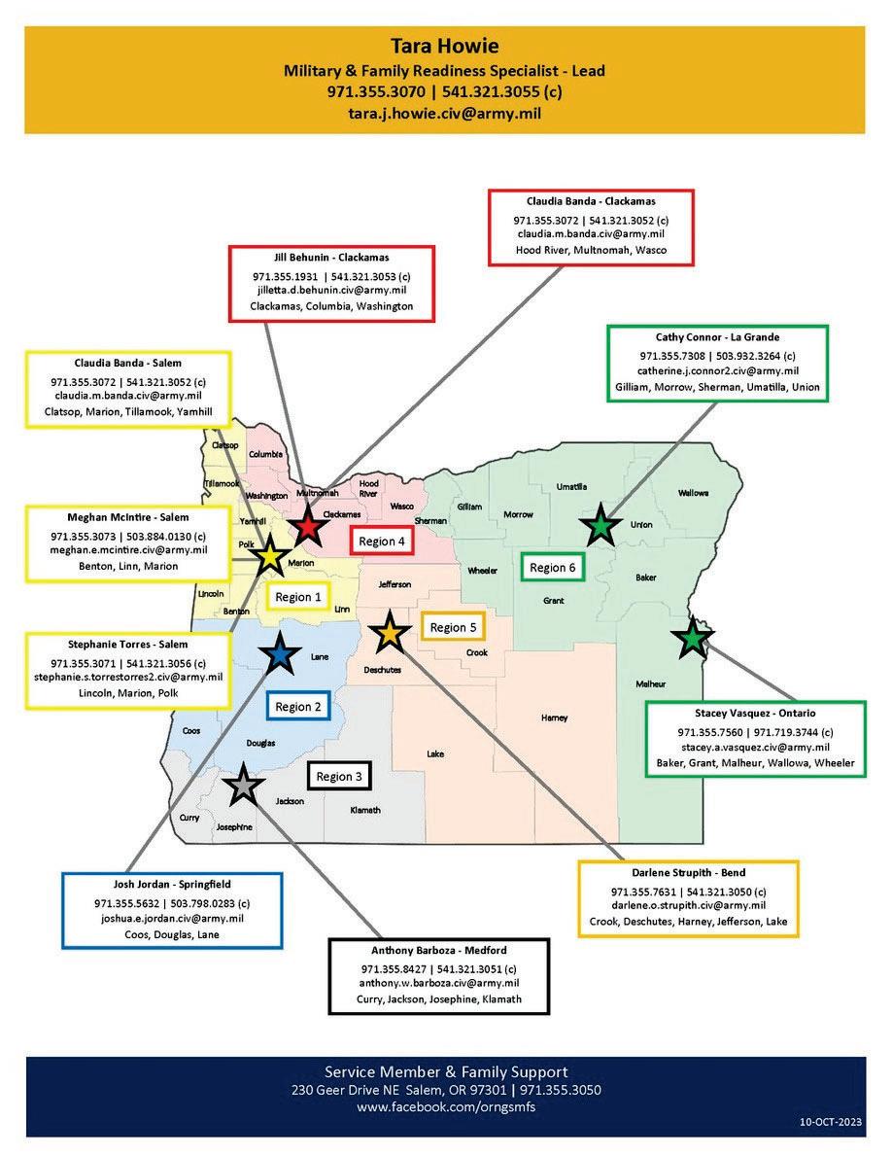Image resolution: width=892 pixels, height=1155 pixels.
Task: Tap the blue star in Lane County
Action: coord(281,655)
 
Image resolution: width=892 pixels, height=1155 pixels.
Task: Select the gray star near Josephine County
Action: coord(243,785)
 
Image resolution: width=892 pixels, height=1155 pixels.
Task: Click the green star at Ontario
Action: coord(692,639)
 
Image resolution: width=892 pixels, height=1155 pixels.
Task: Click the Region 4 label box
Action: coord(382,542)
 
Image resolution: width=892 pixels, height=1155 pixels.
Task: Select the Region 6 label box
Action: coord(552,567)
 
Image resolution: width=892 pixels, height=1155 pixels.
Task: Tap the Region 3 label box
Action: coord(339,776)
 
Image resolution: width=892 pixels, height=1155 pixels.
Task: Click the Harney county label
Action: coord(554,717)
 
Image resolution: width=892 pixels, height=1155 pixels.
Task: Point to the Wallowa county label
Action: coord(693,493)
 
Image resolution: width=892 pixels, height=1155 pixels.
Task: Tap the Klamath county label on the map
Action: coord(364,810)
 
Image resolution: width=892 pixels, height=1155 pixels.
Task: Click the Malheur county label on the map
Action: coord(651,683)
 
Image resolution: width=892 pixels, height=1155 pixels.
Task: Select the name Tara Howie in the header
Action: coord(444,46)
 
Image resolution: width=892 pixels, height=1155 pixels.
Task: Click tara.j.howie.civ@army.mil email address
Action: coord(444,113)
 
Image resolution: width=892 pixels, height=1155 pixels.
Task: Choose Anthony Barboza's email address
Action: coord(438,983)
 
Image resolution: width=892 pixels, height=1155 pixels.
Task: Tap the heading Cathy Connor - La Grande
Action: coord(717,338)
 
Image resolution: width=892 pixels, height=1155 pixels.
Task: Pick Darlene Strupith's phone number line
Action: coord(688,892)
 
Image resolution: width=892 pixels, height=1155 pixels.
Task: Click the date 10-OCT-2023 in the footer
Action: coord(823,1122)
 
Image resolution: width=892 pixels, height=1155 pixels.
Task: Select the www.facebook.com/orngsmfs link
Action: coord(445,1107)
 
